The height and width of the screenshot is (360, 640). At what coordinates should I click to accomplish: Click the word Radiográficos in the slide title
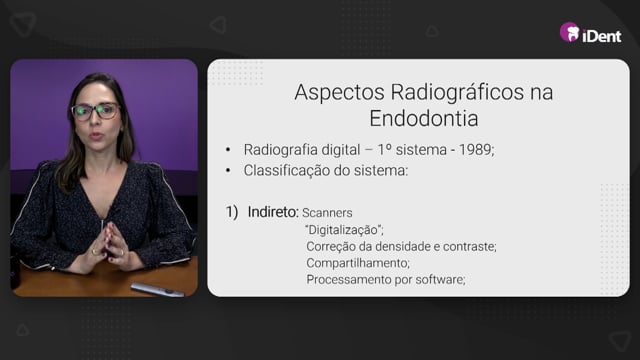click(458, 93)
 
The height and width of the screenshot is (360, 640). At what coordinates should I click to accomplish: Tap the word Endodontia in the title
click(424, 119)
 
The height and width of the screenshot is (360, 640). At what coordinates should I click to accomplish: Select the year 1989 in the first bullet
click(476, 150)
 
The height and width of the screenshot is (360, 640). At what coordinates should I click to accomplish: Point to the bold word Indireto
click(273, 212)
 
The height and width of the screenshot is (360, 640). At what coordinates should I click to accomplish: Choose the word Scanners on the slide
click(327, 213)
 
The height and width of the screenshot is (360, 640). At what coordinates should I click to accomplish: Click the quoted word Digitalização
click(344, 230)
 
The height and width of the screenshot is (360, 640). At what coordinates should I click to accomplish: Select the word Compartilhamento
click(358, 263)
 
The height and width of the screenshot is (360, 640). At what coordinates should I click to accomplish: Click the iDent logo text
click(602, 36)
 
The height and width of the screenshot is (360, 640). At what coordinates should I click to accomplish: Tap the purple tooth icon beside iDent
click(570, 32)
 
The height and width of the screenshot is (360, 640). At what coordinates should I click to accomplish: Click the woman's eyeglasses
click(96, 111)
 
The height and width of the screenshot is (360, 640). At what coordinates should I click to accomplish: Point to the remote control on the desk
click(157, 289)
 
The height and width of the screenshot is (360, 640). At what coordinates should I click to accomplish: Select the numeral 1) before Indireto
click(232, 212)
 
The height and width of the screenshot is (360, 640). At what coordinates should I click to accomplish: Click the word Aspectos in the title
click(340, 93)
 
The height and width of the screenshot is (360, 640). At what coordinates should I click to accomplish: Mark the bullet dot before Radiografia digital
click(228, 150)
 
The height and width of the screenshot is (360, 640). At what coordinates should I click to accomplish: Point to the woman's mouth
click(96, 136)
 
